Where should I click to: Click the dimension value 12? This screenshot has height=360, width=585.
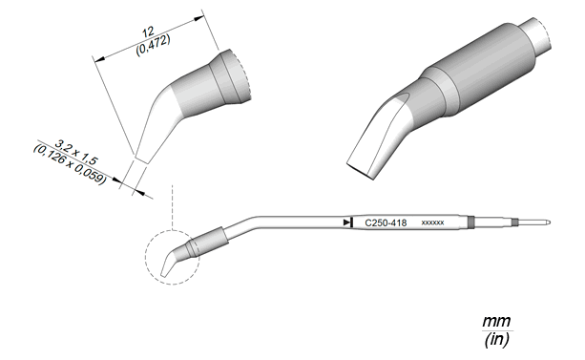(148, 32)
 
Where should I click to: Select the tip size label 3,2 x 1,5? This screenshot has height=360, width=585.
(76, 153)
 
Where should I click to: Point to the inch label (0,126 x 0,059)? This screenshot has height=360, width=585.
(70, 164)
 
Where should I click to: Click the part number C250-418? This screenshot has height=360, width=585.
(386, 222)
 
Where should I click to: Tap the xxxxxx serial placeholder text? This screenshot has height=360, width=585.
(432, 222)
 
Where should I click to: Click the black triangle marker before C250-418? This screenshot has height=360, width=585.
(347, 222)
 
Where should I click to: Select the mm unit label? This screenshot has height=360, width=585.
(496, 321)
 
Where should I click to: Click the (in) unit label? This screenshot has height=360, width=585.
(496, 339)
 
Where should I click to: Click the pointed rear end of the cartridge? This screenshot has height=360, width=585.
(549, 222)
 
